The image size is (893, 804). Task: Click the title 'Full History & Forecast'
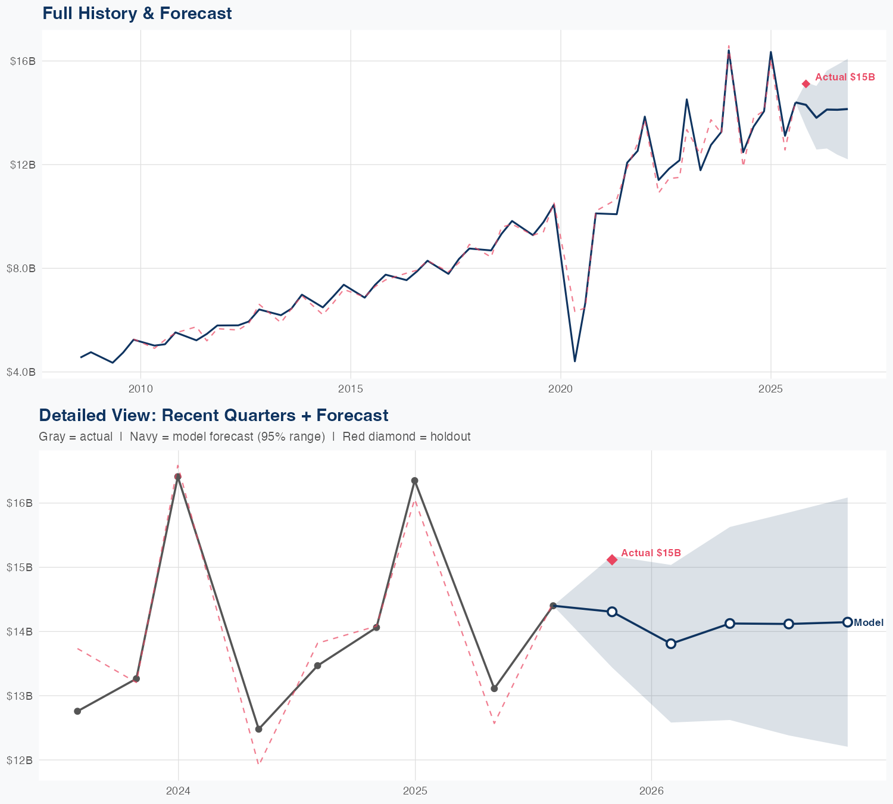point(137,13)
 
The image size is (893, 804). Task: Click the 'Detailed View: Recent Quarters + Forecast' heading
point(213,415)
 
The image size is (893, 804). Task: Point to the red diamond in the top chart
point(806,84)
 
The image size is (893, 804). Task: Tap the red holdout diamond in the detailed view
point(612,559)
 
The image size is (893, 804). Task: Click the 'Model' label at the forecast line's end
point(869,623)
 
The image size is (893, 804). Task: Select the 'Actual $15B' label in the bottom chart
point(651,553)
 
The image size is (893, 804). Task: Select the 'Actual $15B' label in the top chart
point(845,77)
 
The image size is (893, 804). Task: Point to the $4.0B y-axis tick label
point(21,372)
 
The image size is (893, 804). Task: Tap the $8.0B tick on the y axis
point(21,268)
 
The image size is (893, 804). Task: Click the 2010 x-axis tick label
point(140,389)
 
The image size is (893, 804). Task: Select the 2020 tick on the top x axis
point(561,389)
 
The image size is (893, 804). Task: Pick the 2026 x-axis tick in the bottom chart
point(651,791)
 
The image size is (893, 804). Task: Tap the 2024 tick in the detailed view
point(178,791)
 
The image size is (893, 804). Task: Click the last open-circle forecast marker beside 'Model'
point(847,622)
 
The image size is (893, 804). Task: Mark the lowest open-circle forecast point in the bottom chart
point(671,644)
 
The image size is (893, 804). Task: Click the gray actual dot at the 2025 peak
point(415,481)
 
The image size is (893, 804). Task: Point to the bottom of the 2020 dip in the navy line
point(574,361)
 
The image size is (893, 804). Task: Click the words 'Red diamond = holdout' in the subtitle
point(406,437)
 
